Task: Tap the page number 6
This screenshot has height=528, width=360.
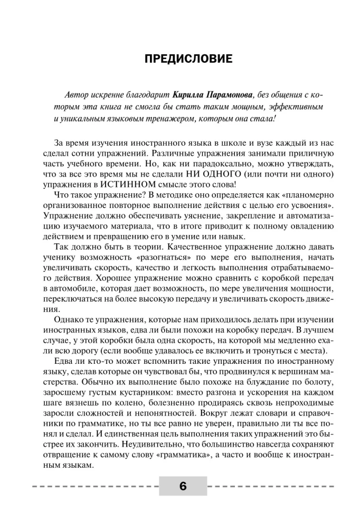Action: [x=183, y=487]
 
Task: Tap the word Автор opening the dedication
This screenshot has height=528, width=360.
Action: [x=73, y=95]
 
